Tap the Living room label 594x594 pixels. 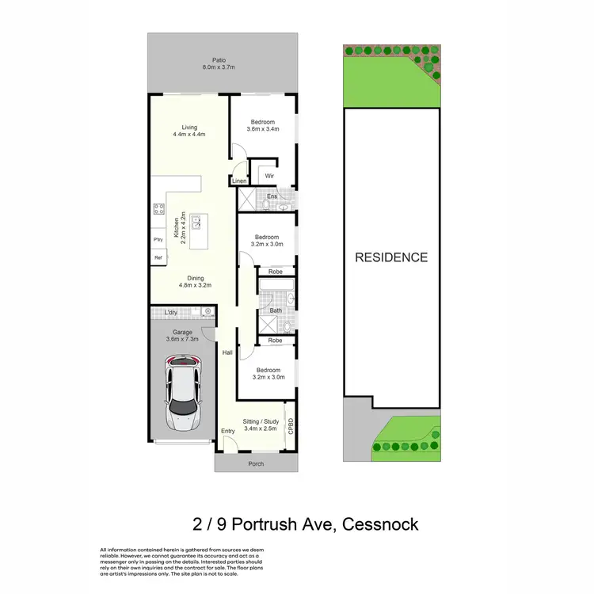(x=188, y=127)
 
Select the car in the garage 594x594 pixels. (x=182, y=393)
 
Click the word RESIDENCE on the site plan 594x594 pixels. (x=390, y=257)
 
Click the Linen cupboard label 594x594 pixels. (x=239, y=181)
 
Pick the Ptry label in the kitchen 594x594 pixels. (x=158, y=239)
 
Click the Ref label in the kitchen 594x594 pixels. (x=158, y=258)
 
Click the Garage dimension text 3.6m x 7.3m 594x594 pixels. (x=182, y=340)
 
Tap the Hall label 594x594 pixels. (x=227, y=352)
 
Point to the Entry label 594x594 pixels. (x=228, y=431)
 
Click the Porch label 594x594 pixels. (x=256, y=464)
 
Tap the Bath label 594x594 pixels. (x=275, y=310)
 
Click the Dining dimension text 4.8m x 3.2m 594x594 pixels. (x=196, y=286)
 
